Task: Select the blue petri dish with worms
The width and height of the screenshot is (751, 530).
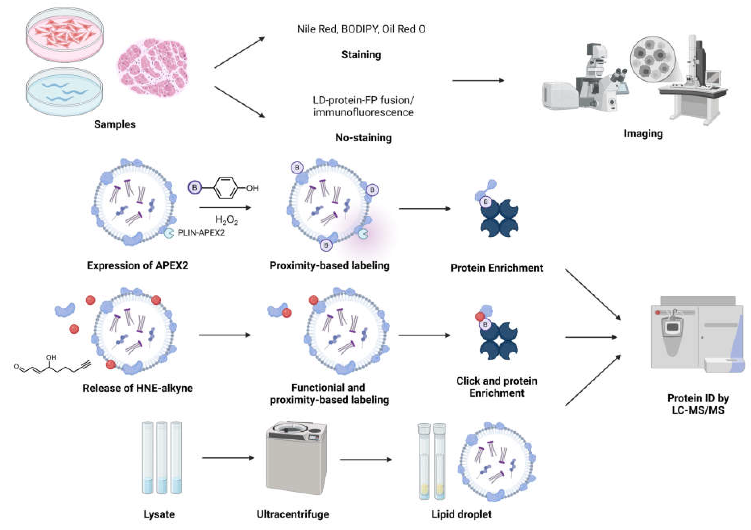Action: pyautogui.click(x=64, y=92)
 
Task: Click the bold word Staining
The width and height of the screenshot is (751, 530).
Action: pyautogui.click(x=361, y=55)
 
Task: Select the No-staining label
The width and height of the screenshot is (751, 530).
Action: pyautogui.click(x=363, y=138)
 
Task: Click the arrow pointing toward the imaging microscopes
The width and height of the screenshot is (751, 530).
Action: pyautogui.click(x=478, y=80)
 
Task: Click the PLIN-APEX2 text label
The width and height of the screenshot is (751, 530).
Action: pyautogui.click(x=201, y=233)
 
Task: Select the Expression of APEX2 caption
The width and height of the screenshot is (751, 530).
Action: pyautogui.click(x=137, y=265)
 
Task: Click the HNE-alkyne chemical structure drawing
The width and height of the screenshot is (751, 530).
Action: pyautogui.click(x=52, y=366)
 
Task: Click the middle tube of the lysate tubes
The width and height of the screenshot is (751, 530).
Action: pyautogui.click(x=162, y=458)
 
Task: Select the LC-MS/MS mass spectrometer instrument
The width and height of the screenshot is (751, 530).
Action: pyautogui.click(x=697, y=337)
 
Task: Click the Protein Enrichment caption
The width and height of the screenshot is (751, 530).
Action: pyautogui.click(x=497, y=268)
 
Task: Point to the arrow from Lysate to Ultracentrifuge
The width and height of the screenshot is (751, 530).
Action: pyautogui.click(x=228, y=458)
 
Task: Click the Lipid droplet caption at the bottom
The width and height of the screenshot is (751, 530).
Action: pyautogui.click(x=461, y=514)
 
